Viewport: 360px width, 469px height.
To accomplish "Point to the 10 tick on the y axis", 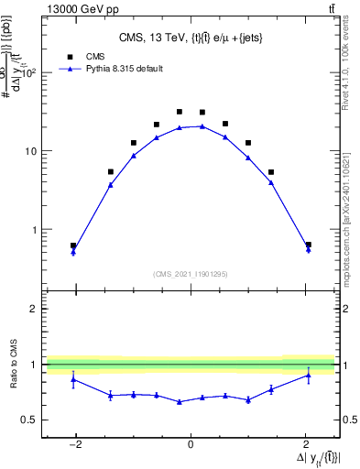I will (x=31, y=151).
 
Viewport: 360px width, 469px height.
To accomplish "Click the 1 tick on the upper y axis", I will (x=35, y=230).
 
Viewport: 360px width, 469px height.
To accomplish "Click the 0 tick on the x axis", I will (x=191, y=445).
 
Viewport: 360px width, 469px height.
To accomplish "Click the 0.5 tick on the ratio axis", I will (x=29, y=420).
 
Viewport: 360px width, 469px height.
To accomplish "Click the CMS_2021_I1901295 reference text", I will (x=191, y=274).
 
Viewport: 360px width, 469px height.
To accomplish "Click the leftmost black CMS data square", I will (x=73, y=245).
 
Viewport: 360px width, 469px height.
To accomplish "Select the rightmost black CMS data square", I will (x=308, y=245).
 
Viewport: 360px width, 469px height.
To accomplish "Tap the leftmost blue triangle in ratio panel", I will (x=73, y=378).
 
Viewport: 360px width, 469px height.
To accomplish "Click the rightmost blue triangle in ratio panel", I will (x=308, y=375).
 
